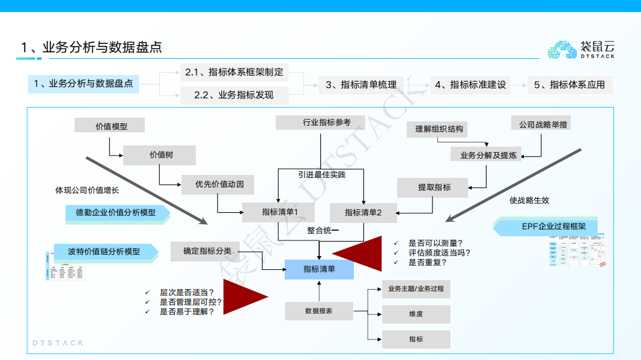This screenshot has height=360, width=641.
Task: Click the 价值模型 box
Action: tap(111, 126)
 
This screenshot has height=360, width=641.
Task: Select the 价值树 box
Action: tap(159, 155)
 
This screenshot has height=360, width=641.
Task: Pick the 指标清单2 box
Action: tap(363, 212)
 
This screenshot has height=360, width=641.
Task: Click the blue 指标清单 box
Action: tap(319, 269)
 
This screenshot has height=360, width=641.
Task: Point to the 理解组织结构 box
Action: tap(439, 129)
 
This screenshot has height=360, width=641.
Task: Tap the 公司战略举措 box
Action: tap(544, 124)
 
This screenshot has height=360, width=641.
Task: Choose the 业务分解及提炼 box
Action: tap(488, 155)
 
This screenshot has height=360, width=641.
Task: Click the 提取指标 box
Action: tap(434, 187)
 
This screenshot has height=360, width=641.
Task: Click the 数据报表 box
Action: tap(318, 311)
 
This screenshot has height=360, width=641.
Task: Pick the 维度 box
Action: tap(416, 314)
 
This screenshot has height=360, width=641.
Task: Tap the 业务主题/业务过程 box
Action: tap(416, 288)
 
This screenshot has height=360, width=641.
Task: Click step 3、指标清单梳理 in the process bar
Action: tap(361, 85)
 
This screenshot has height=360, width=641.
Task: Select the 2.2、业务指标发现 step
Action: tap(234, 95)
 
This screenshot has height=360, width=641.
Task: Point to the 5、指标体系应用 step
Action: tap(570, 85)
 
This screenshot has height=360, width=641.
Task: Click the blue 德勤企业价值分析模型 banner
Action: tap(116, 213)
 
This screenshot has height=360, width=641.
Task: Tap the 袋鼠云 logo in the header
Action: tap(580, 49)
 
